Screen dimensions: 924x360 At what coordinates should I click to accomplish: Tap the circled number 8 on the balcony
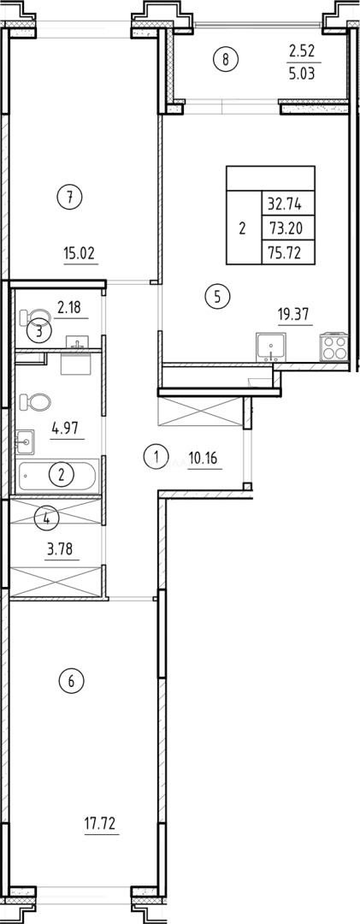[x=226, y=59]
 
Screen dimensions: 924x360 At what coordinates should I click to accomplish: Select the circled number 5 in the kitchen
[x=218, y=297]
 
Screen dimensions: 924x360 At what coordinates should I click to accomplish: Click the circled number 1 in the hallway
[x=156, y=456]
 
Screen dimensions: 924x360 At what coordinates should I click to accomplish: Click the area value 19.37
[x=292, y=314]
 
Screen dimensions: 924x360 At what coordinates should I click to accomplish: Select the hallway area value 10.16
[x=204, y=458]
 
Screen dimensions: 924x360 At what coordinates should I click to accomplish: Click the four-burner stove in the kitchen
[x=332, y=348]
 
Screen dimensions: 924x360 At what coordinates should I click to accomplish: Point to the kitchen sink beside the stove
[x=273, y=347]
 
